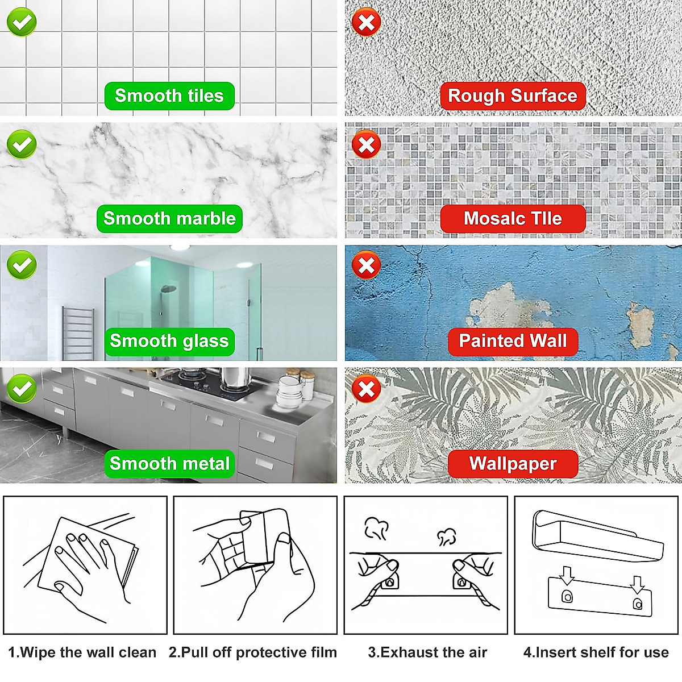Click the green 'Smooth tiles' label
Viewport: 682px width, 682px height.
(x=169, y=96)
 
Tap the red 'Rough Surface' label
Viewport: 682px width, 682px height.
(x=512, y=96)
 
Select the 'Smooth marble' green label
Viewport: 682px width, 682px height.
(x=169, y=219)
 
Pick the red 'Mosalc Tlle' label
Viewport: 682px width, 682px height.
(x=512, y=219)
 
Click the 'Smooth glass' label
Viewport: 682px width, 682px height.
(x=169, y=342)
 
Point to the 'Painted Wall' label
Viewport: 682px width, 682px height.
(x=512, y=342)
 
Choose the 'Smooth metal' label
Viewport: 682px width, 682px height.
(x=169, y=464)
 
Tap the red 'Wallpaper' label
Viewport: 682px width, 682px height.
(x=512, y=464)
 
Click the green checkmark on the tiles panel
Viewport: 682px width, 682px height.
(x=22, y=22)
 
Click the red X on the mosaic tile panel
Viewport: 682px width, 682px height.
(x=367, y=145)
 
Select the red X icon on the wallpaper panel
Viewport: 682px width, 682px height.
(x=367, y=390)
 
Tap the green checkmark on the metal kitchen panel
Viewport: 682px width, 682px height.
(x=22, y=389)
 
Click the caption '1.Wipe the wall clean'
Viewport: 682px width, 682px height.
(x=82, y=652)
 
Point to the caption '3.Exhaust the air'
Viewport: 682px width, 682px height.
(x=427, y=652)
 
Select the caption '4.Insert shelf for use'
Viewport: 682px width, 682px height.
(x=596, y=652)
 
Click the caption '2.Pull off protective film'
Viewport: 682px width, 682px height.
(x=253, y=652)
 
